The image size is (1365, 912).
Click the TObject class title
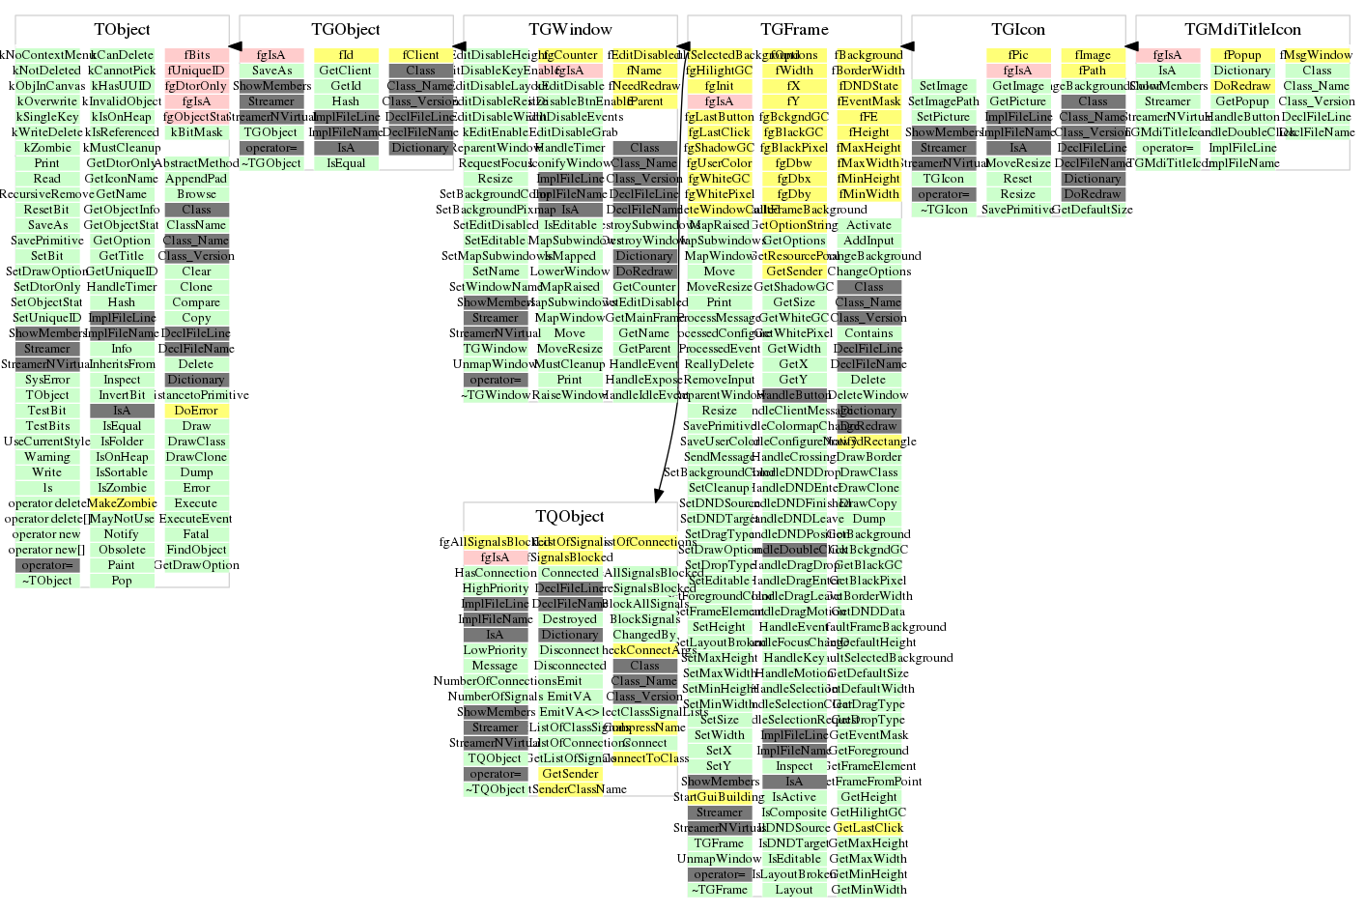pos(122,30)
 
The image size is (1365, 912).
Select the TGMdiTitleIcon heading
pos(1242,30)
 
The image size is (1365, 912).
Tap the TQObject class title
pos(570,517)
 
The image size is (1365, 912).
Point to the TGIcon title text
pos(1018,30)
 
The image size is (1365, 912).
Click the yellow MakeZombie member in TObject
pos(122,503)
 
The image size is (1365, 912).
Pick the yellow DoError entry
pos(196,411)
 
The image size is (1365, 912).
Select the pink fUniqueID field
pos(196,71)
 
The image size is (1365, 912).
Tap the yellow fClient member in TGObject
pos(420,55)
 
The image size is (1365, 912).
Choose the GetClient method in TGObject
pos(345,71)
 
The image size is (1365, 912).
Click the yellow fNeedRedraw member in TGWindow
pos(644,86)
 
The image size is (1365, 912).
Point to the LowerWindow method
pos(569,271)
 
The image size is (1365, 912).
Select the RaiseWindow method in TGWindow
pos(569,395)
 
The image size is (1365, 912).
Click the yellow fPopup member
pos(1242,55)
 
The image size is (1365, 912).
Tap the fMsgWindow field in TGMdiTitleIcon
pos(1317,55)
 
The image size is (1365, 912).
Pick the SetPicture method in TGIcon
pos(943,117)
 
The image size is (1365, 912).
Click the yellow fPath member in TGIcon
pos(1093,71)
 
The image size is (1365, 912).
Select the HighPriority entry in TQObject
pos(495,588)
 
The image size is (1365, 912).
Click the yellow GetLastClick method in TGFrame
pos(867,828)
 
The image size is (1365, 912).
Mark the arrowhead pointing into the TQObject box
pos(659,495)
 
